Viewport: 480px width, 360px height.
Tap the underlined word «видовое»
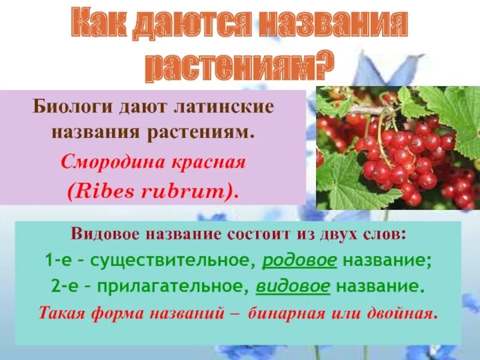(293, 287)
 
